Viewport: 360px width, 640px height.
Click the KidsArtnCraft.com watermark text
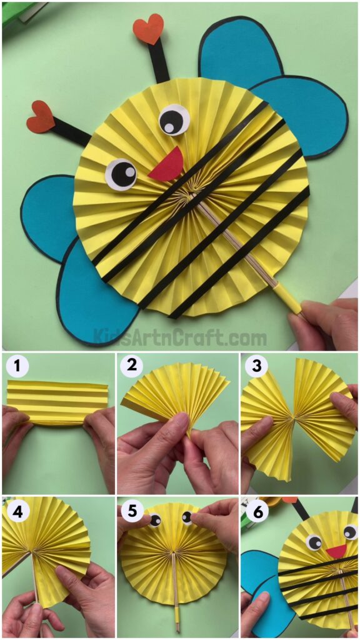[x=180, y=338]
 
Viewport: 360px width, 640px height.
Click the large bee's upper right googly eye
[x=174, y=119]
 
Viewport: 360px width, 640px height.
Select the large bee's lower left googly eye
[x=121, y=174]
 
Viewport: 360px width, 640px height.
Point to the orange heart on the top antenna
[x=148, y=30]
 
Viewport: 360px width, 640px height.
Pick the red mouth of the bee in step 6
[x=336, y=551]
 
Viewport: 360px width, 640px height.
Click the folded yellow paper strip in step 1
[x=57, y=403]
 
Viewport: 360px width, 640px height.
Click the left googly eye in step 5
[x=154, y=520]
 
